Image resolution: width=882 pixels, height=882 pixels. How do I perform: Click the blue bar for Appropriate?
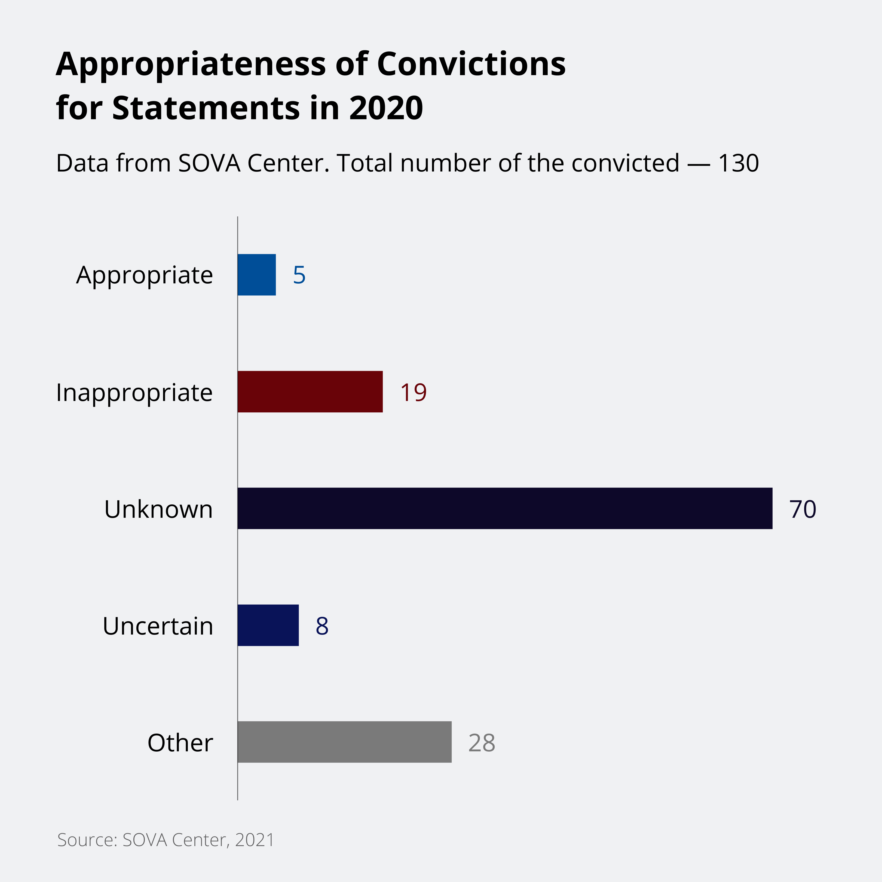tap(256, 275)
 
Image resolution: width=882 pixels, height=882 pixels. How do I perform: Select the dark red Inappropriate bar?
tap(310, 392)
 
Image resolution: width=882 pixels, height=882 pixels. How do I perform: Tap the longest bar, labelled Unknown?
tap(504, 509)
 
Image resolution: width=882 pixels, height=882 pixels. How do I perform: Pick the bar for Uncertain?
tap(268, 626)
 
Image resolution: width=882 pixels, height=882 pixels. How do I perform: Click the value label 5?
tap(299, 275)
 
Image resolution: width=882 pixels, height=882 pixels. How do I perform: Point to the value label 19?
tap(413, 392)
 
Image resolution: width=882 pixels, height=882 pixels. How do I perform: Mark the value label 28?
tap(482, 743)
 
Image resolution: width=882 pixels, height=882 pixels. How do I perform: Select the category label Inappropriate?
tap(134, 393)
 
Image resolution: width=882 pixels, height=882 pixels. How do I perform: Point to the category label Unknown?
tap(158, 510)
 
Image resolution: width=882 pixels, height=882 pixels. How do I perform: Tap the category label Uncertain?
tap(158, 626)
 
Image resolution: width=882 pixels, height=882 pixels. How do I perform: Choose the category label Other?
tap(180, 743)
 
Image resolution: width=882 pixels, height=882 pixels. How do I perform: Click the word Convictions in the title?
tap(471, 64)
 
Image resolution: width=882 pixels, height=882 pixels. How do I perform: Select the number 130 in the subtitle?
tap(738, 163)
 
